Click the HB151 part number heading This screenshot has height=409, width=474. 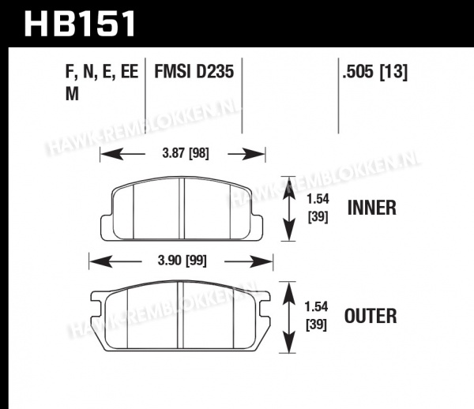point(80,24)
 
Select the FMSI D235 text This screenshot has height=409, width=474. point(194,72)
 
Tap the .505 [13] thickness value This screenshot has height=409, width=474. point(374,72)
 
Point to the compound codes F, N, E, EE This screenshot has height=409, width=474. point(102,72)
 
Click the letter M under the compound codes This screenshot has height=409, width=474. point(72,94)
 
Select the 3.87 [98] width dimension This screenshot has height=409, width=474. point(186,153)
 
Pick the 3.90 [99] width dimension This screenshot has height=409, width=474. point(182,260)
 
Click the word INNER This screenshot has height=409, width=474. point(371,208)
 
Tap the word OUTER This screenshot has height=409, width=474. point(371,316)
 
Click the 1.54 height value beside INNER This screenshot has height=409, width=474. point(318,199)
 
